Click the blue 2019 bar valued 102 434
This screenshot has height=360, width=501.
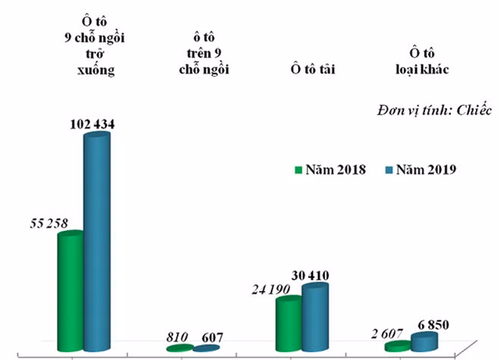(x=96, y=242)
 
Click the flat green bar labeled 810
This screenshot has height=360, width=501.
(x=180, y=348)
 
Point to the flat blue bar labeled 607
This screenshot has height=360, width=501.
(x=206, y=348)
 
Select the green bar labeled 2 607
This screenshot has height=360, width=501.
(x=397, y=346)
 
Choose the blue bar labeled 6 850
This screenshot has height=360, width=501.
(x=424, y=342)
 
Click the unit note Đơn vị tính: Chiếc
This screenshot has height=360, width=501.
(x=433, y=109)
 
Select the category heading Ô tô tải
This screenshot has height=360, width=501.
(x=312, y=70)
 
